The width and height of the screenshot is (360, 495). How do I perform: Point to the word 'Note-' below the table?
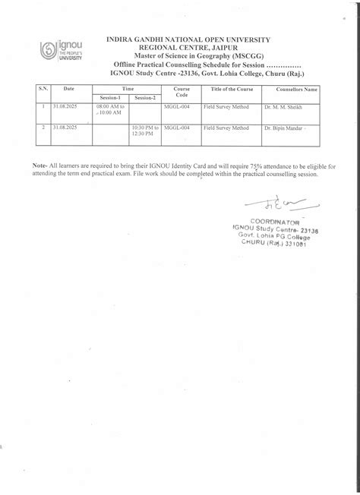40,165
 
